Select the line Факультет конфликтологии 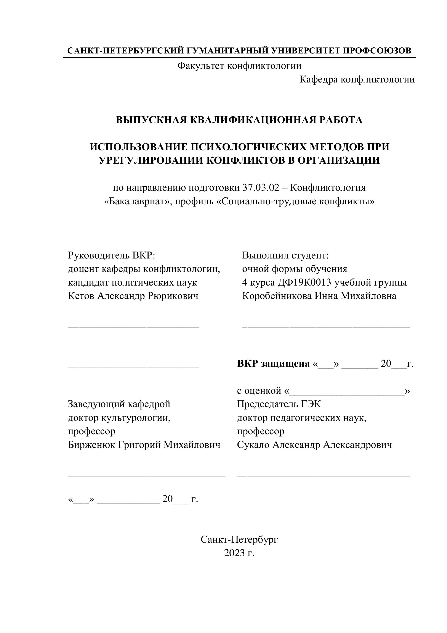[239, 66]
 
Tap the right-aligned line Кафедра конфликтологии [357, 80]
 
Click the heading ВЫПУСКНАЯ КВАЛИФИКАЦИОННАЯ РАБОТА [239, 120]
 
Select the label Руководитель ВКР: [112, 256]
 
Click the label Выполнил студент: [285, 256]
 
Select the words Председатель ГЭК [279, 404]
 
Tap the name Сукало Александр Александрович [314, 445]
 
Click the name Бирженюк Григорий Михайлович [144, 445]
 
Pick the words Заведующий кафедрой [119, 404]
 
